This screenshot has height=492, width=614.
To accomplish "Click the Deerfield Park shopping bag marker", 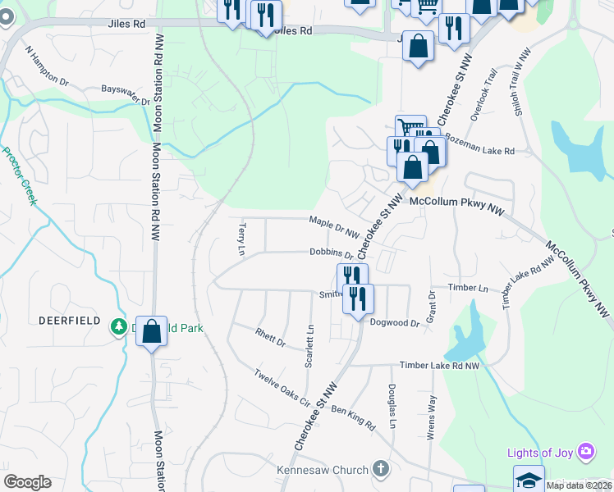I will (152, 332).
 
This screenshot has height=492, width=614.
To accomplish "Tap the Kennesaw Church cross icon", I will (379, 470).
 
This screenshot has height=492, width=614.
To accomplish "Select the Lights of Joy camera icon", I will (585, 452).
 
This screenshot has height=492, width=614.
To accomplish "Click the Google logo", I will (27, 482).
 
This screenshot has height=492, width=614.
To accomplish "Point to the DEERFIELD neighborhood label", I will (69, 320).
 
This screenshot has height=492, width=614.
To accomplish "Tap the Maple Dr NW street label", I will (334, 221).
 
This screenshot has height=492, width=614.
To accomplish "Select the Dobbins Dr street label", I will (331, 254).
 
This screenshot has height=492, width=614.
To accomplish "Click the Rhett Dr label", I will (269, 337).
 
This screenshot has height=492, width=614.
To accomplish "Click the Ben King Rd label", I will (353, 417).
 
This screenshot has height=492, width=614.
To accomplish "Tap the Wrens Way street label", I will (431, 418).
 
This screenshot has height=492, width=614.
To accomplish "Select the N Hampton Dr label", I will (47, 66).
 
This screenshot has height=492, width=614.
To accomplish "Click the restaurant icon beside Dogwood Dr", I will (358, 298).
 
